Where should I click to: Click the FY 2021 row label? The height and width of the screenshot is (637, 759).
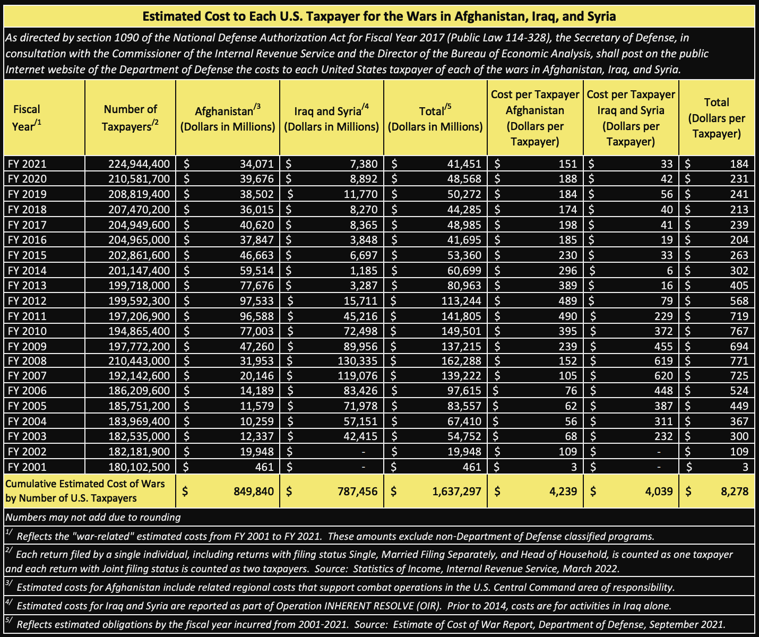[x=27, y=164]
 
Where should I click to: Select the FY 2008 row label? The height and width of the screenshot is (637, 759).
[x=27, y=361]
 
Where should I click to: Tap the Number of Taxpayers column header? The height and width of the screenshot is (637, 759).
[x=130, y=117]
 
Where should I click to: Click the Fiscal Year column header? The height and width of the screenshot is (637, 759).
[x=27, y=117]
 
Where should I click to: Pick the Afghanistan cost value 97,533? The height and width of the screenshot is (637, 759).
[x=256, y=301]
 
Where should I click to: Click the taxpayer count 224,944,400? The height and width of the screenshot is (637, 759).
[x=139, y=164]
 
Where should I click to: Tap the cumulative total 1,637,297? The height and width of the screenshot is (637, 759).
[x=456, y=491]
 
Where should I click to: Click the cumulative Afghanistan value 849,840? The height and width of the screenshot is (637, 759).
[x=254, y=491]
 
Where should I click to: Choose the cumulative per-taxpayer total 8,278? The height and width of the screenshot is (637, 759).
[x=734, y=491]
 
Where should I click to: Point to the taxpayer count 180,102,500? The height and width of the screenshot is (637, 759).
[x=139, y=467]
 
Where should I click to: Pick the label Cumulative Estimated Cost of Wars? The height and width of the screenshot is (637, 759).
[x=85, y=484]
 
